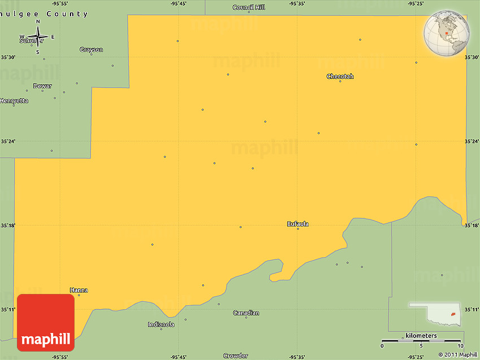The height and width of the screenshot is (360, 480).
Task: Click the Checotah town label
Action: point(340,76)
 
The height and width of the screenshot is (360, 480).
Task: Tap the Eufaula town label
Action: point(298,224)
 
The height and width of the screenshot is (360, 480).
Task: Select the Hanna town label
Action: point(78,290)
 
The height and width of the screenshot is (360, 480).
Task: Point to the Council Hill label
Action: point(249,7)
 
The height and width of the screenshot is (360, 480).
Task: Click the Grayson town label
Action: point(91,50)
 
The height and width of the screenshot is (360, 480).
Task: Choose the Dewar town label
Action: point(42,86)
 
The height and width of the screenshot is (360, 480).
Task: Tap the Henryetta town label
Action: point(14,101)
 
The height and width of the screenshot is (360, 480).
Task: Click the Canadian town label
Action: point(246,313)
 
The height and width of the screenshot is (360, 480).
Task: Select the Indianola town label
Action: point(161,324)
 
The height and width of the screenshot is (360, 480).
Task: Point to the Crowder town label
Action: point(235,355)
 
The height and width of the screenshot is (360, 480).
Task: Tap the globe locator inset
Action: point(447,34)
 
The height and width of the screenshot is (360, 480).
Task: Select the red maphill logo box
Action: point(46,323)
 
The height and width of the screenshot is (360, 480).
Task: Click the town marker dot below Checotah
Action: point(340,81)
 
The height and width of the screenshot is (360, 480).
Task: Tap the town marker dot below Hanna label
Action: point(78,295)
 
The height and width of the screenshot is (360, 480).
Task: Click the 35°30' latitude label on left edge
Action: point(7,58)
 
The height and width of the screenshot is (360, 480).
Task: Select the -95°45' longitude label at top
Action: point(178,4)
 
